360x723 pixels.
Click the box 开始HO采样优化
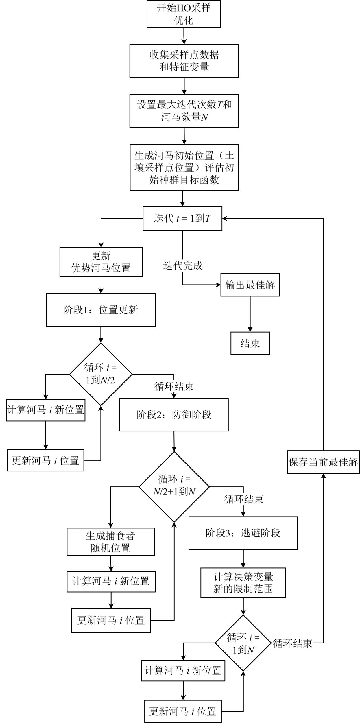pyautogui.click(x=184, y=14)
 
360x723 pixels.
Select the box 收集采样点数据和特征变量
pyautogui.click(x=184, y=61)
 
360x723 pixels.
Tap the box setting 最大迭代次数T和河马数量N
pyautogui.click(x=184, y=111)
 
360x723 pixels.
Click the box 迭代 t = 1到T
pyautogui.click(x=182, y=219)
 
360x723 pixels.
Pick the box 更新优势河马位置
pyautogui.click(x=101, y=262)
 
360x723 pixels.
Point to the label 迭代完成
pyautogui.click(x=183, y=265)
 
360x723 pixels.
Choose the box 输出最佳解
pyautogui.click(x=250, y=285)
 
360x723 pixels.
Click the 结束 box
pyautogui.click(x=250, y=343)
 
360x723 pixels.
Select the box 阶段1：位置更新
pyautogui.click(x=101, y=310)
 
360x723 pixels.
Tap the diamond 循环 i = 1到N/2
pyautogui.click(x=101, y=374)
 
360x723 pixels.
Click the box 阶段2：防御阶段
pyautogui.click(x=174, y=415)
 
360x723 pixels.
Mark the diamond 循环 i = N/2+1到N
pyautogui.click(x=174, y=487)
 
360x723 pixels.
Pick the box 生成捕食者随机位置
pyautogui.click(x=110, y=542)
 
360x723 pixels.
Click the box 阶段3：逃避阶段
pyautogui.click(x=243, y=533)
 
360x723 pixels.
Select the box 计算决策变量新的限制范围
pyautogui.click(x=243, y=583)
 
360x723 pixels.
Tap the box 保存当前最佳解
pyautogui.click(x=323, y=462)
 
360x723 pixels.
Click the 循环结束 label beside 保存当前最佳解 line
pyautogui.click(x=293, y=643)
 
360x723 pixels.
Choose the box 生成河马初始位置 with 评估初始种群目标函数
pyautogui.click(x=184, y=167)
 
